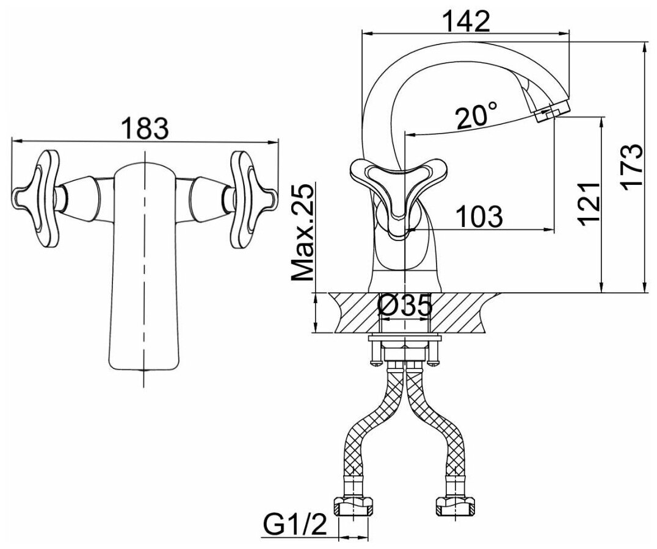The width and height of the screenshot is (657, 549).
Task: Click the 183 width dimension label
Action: click(x=144, y=129)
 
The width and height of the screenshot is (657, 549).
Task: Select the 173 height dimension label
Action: click(x=632, y=168)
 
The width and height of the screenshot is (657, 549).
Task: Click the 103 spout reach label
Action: click(x=479, y=217)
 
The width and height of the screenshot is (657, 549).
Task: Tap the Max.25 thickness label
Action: click(x=302, y=232)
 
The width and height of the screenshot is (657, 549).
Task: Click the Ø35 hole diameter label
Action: click(x=404, y=306)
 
